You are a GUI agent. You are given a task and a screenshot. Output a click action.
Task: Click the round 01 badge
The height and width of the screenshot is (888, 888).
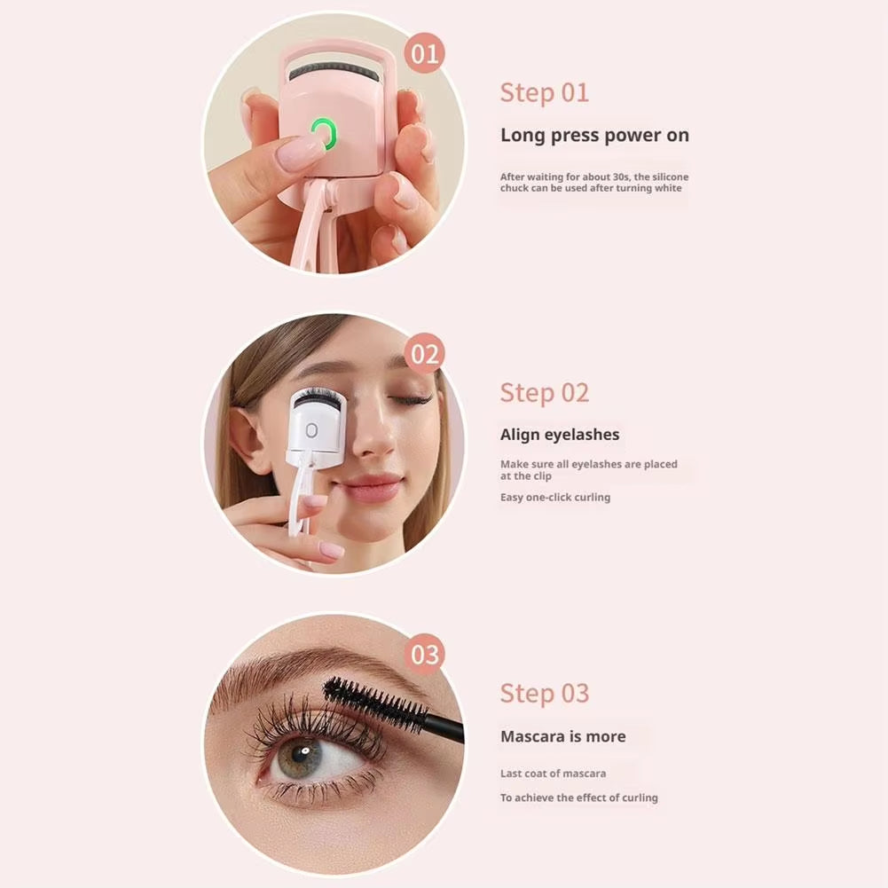click(x=425, y=55)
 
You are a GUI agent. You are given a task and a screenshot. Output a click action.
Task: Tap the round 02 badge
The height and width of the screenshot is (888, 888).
click(x=425, y=355)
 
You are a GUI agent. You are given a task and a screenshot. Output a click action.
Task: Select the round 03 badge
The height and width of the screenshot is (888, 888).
click(x=425, y=655)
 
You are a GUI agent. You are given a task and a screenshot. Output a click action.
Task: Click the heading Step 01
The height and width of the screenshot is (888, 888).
click(x=544, y=92)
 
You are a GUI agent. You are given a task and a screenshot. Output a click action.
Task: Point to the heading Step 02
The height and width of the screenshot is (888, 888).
click(x=544, y=392)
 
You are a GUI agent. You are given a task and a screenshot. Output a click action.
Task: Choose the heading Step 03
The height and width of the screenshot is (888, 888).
click(x=544, y=693)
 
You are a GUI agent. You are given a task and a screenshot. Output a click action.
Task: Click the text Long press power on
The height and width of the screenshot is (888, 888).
click(x=594, y=136)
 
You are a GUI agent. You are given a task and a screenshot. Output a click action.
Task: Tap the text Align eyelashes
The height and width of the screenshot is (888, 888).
click(x=560, y=435)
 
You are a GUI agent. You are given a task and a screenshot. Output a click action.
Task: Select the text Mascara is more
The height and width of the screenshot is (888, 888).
click(x=562, y=736)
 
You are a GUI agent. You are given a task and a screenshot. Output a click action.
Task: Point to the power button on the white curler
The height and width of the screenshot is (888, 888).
click(x=311, y=430)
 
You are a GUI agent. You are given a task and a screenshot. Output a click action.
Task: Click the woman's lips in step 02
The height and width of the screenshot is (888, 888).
click(x=370, y=487)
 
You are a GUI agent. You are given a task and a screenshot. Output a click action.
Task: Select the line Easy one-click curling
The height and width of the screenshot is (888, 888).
click(x=555, y=498)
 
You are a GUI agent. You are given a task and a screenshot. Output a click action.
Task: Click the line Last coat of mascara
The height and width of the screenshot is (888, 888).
click(x=553, y=774)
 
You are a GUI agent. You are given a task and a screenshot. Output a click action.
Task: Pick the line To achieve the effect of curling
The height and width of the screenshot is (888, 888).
click(x=578, y=798)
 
